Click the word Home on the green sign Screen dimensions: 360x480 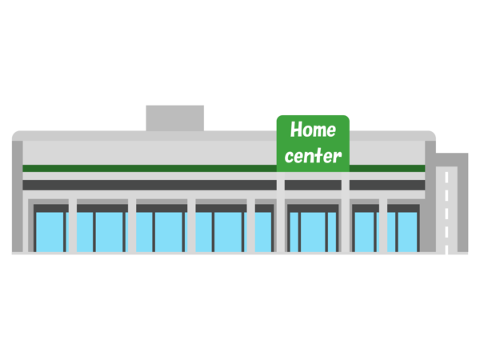click(x=313, y=130)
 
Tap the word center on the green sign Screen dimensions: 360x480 click(x=313, y=155)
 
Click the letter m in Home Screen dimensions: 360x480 click(x=318, y=130)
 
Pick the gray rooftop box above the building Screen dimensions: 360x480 click(x=174, y=117)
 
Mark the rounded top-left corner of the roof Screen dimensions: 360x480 click(x=16, y=135)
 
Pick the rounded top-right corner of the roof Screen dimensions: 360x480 click(x=431, y=134)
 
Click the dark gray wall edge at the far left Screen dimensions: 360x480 click(x=16, y=200)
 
